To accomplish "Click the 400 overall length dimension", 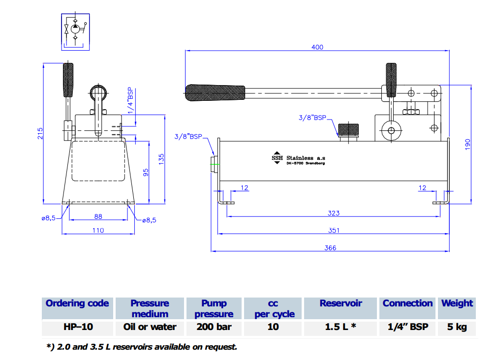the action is coord(317,47).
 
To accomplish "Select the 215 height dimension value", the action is coord(40,133).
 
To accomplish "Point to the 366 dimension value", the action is coord(330,248).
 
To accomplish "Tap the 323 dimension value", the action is coord(334,213).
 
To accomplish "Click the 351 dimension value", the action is coord(334,231).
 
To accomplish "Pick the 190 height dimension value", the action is coord(468,145).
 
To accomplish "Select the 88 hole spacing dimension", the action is coord(98,216).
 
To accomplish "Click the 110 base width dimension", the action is coord(98,231).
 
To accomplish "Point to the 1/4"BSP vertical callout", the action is coord(131,100).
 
